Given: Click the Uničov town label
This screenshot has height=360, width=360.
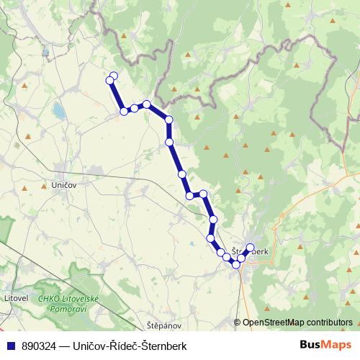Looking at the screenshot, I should pyautogui.click(x=64, y=185).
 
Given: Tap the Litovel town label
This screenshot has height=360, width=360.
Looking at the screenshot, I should pyautogui.click(x=14, y=297).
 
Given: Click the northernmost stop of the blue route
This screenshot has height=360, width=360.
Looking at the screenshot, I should pyautogui.click(x=113, y=76).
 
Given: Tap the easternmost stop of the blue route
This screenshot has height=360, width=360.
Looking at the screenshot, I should pyautogui.click(x=251, y=248).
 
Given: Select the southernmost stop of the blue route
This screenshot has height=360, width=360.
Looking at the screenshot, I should pyautogui.click(x=235, y=265).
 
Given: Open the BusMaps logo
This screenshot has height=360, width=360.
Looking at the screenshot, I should pyautogui.click(x=321, y=346).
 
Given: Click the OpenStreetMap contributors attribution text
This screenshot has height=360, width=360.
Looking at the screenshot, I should pyautogui.click(x=297, y=323).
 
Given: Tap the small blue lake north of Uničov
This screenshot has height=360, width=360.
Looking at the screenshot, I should pyautogui.click(x=58, y=111).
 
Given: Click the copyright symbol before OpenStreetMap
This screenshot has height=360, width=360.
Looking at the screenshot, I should pyautogui.click(x=238, y=323).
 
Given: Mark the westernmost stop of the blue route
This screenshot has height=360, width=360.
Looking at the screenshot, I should pyautogui.click(x=109, y=78).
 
